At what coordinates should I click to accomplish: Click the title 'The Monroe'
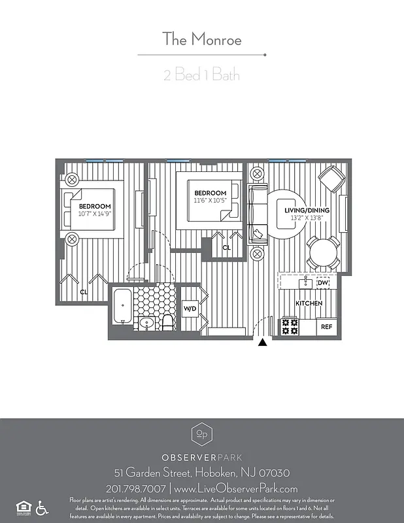(201, 39)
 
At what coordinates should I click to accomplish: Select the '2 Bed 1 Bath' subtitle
(201, 75)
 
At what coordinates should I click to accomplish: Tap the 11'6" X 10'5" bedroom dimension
(210, 201)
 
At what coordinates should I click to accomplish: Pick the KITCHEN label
(309, 303)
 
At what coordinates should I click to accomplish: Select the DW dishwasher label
(322, 283)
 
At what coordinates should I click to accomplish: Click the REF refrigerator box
(326, 327)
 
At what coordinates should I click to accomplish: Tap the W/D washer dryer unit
(190, 308)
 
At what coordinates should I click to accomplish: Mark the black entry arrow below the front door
(263, 342)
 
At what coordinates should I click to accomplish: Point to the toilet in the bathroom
(167, 321)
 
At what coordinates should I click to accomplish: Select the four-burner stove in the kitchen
(290, 327)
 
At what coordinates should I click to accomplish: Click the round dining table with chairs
(323, 253)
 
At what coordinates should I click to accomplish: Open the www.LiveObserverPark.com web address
(237, 488)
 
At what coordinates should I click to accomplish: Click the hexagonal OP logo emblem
(201, 434)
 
